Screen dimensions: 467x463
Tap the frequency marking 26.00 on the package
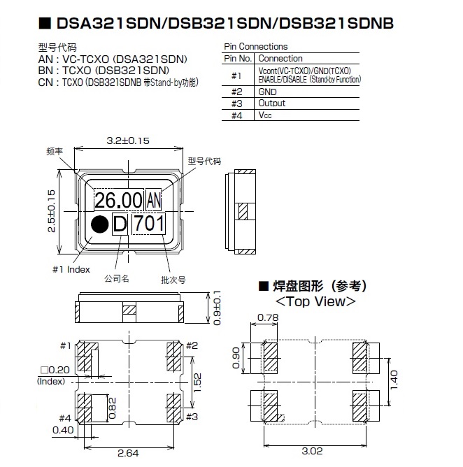click(118, 201)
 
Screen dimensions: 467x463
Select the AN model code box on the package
click(155, 201)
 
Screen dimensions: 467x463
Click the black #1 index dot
click(100, 224)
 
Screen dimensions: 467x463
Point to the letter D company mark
click(120, 224)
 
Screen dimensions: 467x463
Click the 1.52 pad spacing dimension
click(198, 380)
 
